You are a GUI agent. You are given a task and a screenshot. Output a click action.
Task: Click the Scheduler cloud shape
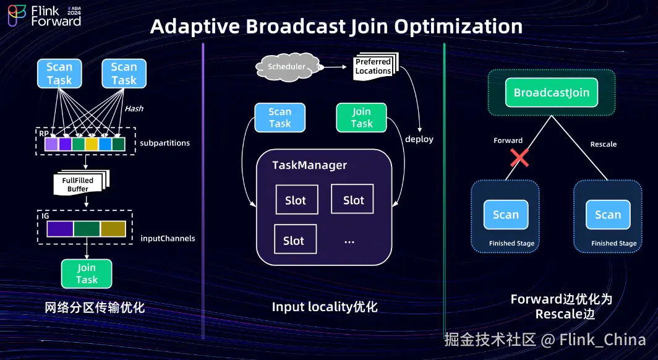pyautogui.click(x=286, y=66)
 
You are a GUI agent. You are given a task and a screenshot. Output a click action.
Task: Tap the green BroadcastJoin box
pyautogui.click(x=551, y=93)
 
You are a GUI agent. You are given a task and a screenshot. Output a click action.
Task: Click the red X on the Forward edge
pyautogui.click(x=519, y=158)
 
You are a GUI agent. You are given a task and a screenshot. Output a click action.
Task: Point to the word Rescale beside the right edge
pyautogui.click(x=604, y=144)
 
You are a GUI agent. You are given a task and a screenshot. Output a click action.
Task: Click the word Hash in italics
pyautogui.click(x=134, y=108)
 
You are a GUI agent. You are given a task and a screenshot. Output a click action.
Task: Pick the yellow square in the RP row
pyautogui.click(x=92, y=144)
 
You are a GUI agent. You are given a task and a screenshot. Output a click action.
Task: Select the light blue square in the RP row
pyautogui.click(x=105, y=144)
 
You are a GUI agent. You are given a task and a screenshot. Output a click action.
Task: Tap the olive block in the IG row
pyautogui.click(x=113, y=229)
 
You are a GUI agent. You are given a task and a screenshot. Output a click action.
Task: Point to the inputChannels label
pyautogui.click(x=168, y=238)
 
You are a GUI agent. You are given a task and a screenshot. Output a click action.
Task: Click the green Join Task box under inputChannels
pyautogui.click(x=87, y=273)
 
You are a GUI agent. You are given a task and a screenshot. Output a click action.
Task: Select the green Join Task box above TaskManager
pyautogui.click(x=362, y=118)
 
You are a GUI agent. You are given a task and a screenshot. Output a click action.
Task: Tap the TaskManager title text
pyautogui.click(x=310, y=165)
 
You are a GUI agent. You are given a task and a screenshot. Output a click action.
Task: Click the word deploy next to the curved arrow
pyautogui.click(x=419, y=139)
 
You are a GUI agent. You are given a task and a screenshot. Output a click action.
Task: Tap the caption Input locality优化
pyautogui.click(x=324, y=307)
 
